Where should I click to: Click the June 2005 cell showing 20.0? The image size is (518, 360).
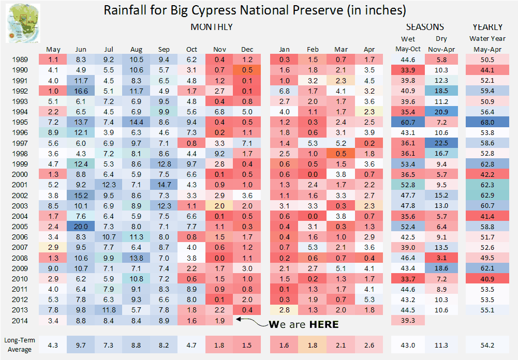pyautogui.click(x=81, y=227)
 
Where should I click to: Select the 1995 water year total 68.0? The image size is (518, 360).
pyautogui.click(x=487, y=122)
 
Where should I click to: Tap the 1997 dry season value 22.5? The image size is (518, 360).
pyautogui.click(x=441, y=143)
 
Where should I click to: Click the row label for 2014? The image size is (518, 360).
pyautogui.click(x=20, y=321)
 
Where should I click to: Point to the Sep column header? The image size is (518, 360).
pyautogui.click(x=164, y=50)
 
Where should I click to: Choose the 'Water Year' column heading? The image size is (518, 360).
pyautogui.click(x=487, y=39)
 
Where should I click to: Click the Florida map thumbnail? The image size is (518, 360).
pyautogui.click(x=23, y=23)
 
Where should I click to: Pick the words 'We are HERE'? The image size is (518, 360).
pyautogui.click(x=304, y=324)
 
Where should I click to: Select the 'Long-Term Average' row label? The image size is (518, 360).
pyautogui.click(x=20, y=345)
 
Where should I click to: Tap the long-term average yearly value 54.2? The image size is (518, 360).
pyautogui.click(x=487, y=345)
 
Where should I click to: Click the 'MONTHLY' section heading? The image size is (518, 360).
pyautogui.click(x=212, y=27)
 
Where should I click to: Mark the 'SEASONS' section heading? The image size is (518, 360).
pyautogui.click(x=425, y=27)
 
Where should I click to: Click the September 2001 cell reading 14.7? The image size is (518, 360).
pyautogui.click(x=164, y=185)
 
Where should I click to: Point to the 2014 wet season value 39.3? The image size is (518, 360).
pyautogui.click(x=408, y=320)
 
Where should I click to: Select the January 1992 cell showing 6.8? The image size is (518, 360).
pyautogui.click(x=284, y=91)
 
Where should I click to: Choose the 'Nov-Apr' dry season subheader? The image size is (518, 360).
pyautogui.click(x=441, y=50)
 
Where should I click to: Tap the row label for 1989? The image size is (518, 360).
pyautogui.click(x=20, y=60)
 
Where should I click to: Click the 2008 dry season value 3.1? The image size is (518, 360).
pyautogui.click(x=441, y=258)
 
